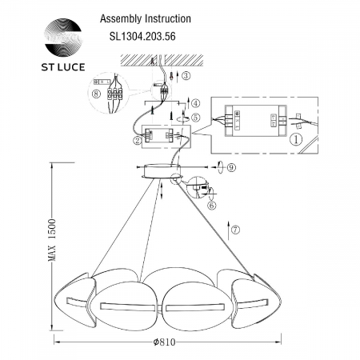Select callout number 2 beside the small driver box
(138, 141)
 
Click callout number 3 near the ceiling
(186, 77)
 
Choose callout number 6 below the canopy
(212, 205)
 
